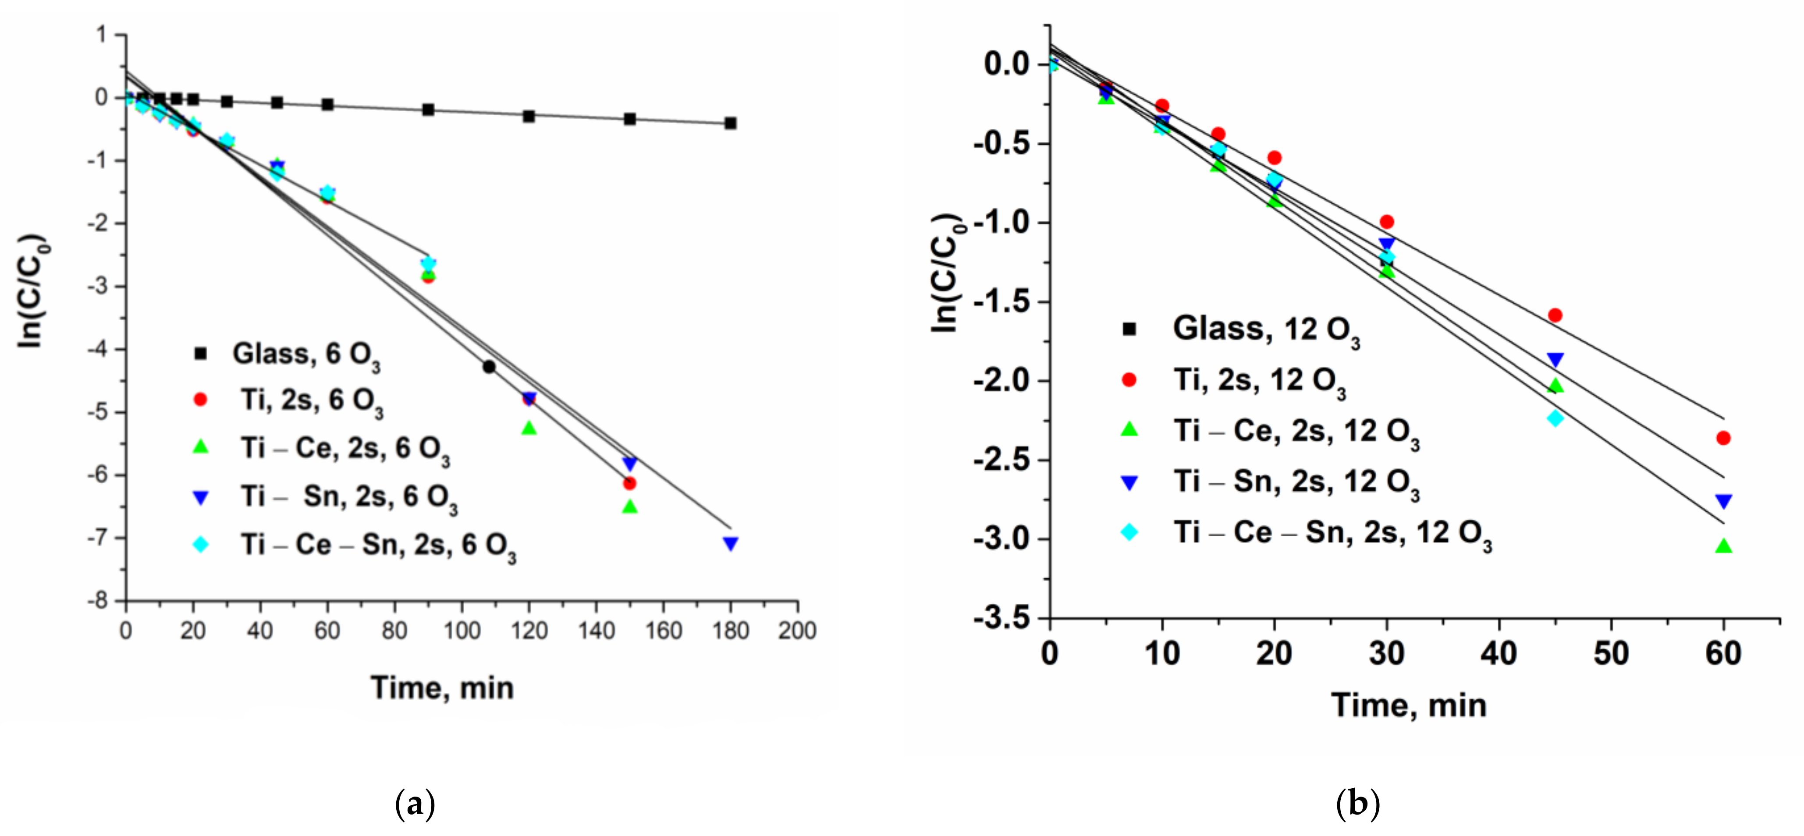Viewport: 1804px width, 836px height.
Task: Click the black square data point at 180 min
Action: tap(731, 123)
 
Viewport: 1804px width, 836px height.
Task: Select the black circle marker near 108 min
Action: tap(489, 366)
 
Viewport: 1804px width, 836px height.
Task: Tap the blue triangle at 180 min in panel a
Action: tap(731, 543)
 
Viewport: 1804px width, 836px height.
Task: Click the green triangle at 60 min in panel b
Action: tap(1723, 546)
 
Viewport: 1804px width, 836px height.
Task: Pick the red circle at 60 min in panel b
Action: tap(1723, 438)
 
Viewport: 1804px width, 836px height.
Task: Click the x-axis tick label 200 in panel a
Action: tap(797, 631)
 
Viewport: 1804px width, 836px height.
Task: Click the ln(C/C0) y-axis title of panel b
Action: tap(947, 273)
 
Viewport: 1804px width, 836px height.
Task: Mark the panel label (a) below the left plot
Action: tap(415, 804)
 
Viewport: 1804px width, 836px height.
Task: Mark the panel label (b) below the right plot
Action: tap(1357, 804)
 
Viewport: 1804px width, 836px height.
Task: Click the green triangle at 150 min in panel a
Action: tap(629, 506)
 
